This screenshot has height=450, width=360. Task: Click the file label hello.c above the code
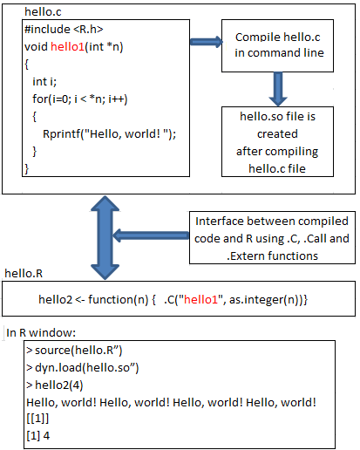pyautogui.click(x=43, y=11)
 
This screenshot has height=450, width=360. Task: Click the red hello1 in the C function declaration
pyautogui.click(x=67, y=46)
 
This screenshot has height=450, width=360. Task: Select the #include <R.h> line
pyautogui.click(x=64, y=29)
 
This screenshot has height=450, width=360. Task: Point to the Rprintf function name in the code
pyautogui.click(x=62, y=134)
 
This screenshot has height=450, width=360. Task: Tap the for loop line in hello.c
pyautogui.click(x=80, y=99)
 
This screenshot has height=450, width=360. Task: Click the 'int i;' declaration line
pyautogui.click(x=44, y=82)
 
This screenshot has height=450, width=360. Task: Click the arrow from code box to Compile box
pyautogui.click(x=206, y=42)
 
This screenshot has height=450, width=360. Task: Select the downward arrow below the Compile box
pyautogui.click(x=278, y=89)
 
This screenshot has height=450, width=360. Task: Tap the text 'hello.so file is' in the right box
pyautogui.click(x=277, y=116)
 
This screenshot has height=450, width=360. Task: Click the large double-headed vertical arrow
pyautogui.click(x=105, y=237)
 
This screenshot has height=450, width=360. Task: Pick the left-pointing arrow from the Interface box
pyautogui.click(x=151, y=235)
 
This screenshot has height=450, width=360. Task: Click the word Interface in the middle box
pyautogui.click(x=220, y=222)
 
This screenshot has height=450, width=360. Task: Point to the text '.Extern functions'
pyautogui.click(x=272, y=256)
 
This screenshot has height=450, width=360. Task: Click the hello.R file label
pyautogui.click(x=24, y=273)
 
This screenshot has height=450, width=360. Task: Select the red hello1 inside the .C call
pyautogui.click(x=200, y=299)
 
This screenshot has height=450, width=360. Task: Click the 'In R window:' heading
pyautogui.click(x=41, y=332)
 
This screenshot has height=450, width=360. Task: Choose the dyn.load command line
pyautogui.click(x=83, y=368)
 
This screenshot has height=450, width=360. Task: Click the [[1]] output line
pyautogui.click(x=37, y=419)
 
